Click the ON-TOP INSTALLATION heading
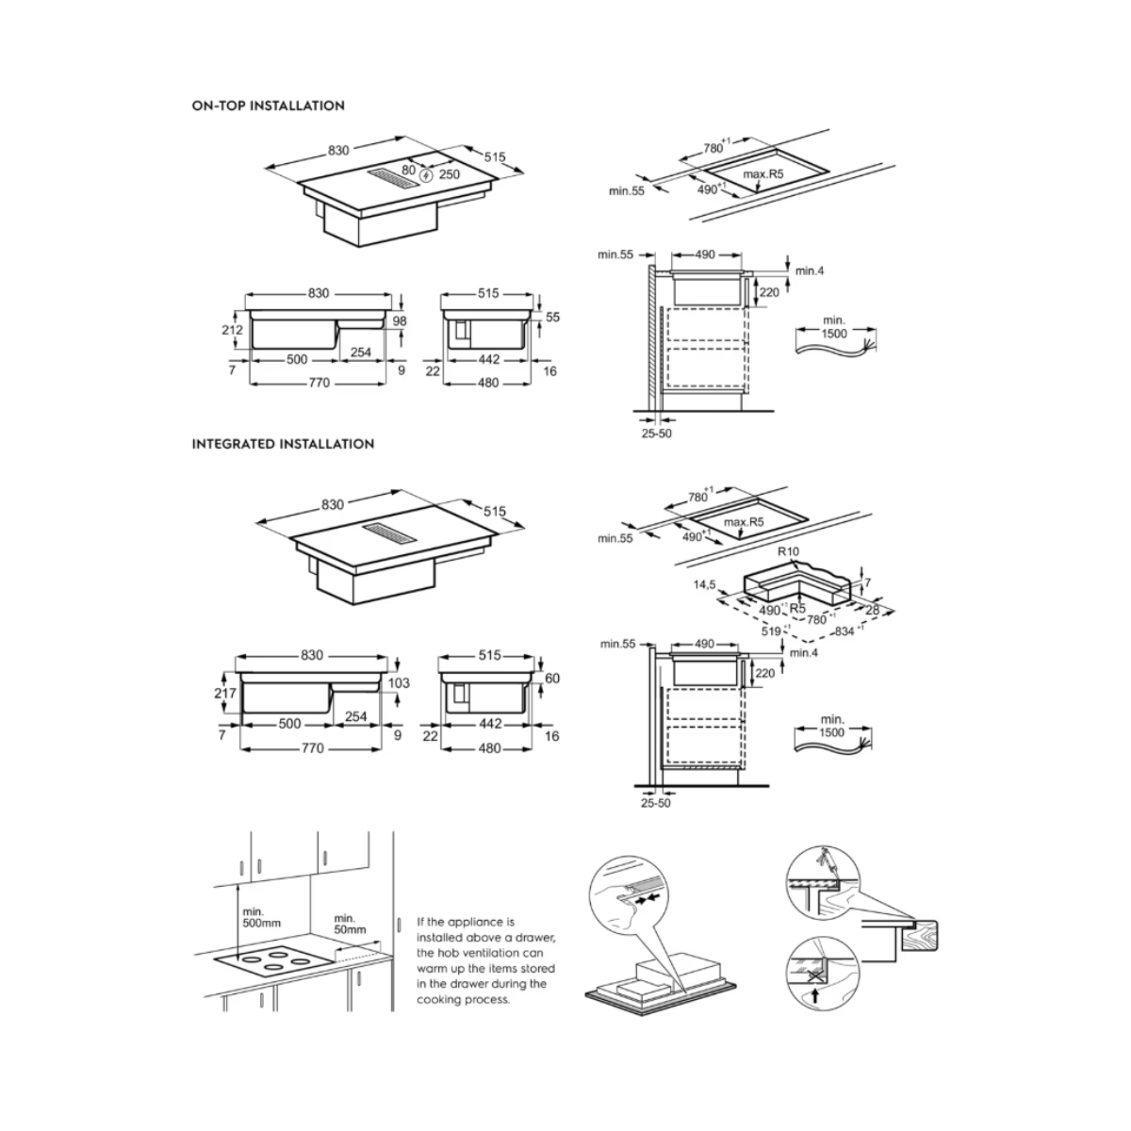(x=269, y=107)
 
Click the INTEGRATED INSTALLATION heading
(x=283, y=444)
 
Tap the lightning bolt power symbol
(x=427, y=175)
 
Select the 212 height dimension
(x=233, y=330)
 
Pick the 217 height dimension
(x=225, y=693)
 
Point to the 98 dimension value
(x=400, y=321)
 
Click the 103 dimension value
(x=399, y=683)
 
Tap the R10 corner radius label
(x=788, y=551)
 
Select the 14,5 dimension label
(x=704, y=584)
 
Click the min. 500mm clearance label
(x=261, y=917)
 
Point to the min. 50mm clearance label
(x=350, y=924)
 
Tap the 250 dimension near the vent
(x=450, y=174)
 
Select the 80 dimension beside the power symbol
(x=408, y=171)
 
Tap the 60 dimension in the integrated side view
(x=552, y=679)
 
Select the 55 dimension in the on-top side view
(x=552, y=317)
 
